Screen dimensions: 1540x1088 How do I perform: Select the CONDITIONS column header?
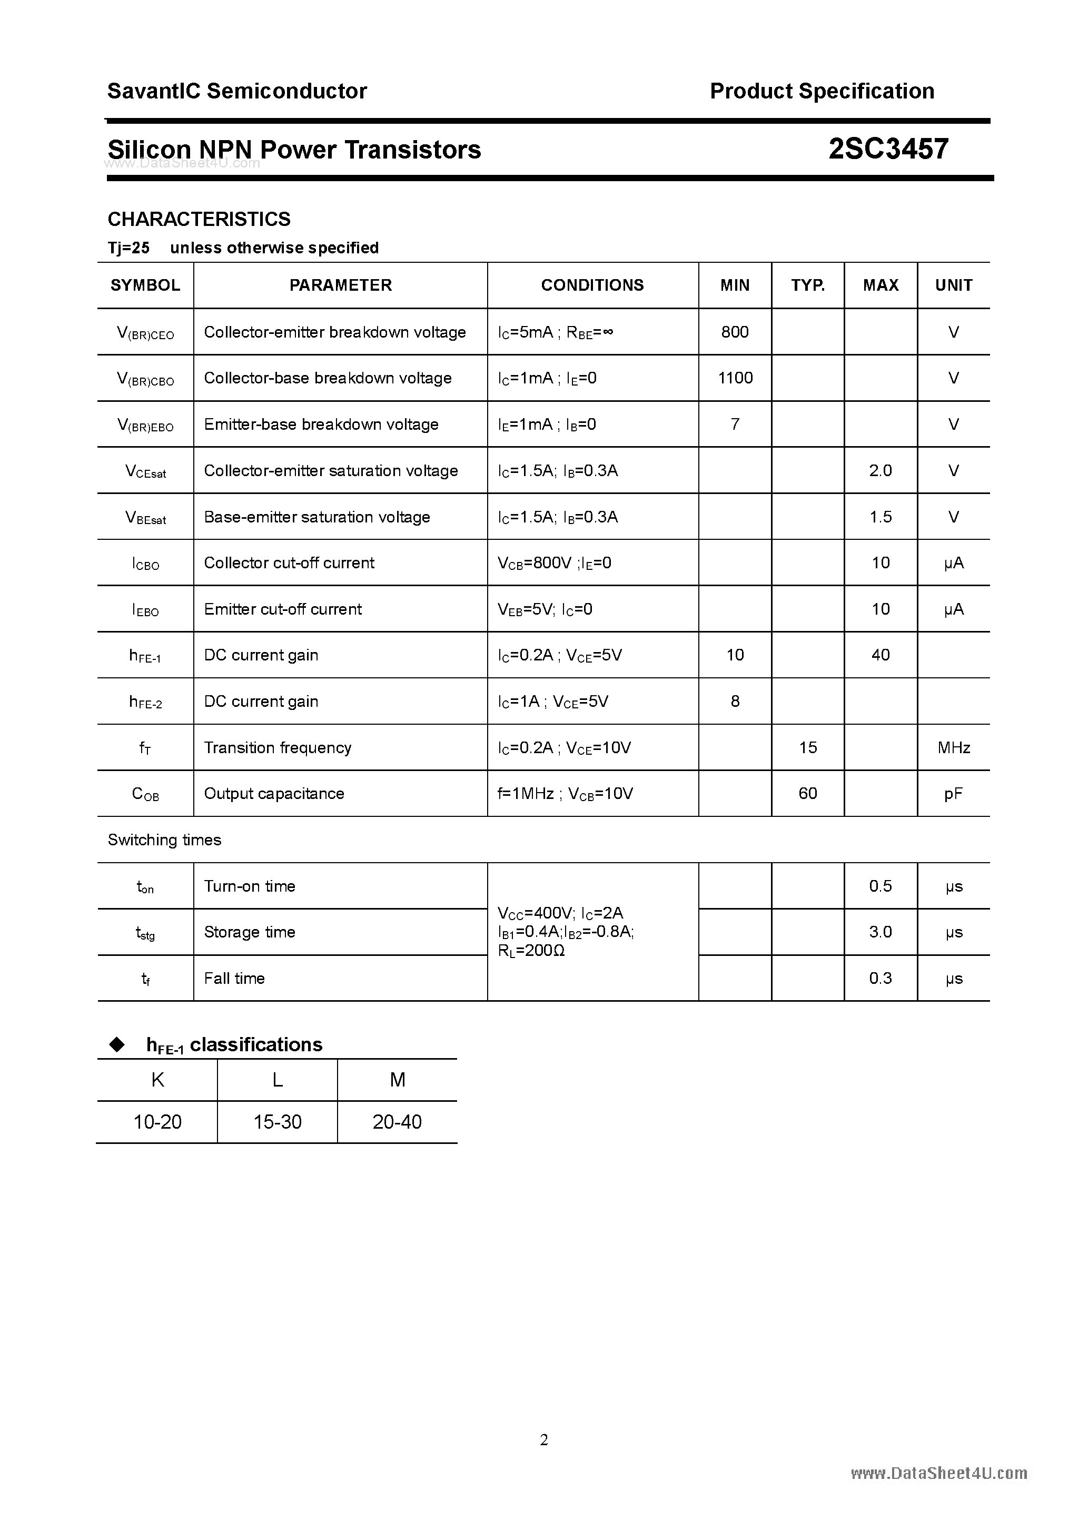point(592,285)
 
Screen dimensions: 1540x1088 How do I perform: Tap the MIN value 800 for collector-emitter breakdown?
point(735,332)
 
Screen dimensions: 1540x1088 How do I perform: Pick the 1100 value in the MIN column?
point(735,378)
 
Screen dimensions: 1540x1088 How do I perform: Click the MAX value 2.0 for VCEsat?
point(880,471)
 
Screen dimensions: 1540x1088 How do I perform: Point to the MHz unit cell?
point(953,748)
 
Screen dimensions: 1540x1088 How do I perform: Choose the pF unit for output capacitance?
point(953,794)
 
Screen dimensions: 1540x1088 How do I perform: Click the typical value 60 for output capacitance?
point(808,794)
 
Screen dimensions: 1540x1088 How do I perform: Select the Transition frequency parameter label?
point(278,748)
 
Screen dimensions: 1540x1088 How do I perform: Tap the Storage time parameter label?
point(250,932)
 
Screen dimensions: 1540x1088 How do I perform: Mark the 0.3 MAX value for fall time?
point(880,979)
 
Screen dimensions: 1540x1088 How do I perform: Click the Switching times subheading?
point(164,840)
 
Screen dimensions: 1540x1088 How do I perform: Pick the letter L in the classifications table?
point(277,1080)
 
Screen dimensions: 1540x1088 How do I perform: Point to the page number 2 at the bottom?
point(544,1439)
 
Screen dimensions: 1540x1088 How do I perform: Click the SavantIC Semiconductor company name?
point(237,91)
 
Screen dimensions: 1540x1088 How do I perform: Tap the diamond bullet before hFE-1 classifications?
point(117,1044)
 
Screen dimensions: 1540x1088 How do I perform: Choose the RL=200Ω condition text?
point(532,951)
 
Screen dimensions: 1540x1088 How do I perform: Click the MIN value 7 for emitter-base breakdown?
point(735,425)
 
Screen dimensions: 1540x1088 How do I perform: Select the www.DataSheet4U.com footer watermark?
point(938,1473)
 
